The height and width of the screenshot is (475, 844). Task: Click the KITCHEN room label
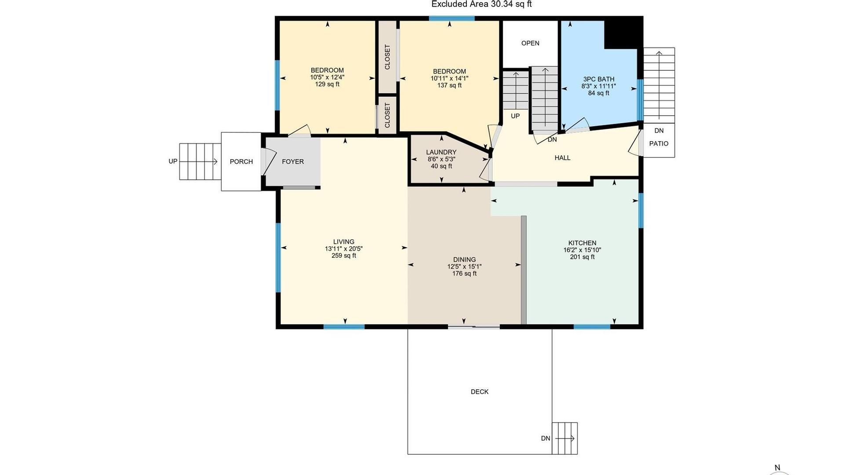click(582, 243)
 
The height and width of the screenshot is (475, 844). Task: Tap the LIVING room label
click(344, 241)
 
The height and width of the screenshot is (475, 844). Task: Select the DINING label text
click(464, 259)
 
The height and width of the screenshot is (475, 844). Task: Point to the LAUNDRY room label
click(441, 152)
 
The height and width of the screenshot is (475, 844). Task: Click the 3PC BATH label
click(599, 79)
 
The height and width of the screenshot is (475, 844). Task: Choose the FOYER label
click(293, 161)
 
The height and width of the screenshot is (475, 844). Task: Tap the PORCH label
click(241, 161)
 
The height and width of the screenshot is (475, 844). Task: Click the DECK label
click(480, 391)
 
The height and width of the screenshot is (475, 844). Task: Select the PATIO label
click(659, 143)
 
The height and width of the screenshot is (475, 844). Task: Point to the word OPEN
click(530, 43)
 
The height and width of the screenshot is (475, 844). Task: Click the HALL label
click(563, 158)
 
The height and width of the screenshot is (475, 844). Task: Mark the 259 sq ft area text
click(344, 256)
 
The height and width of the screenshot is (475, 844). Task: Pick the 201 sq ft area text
click(582, 257)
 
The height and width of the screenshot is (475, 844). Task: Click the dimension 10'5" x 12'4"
click(327, 77)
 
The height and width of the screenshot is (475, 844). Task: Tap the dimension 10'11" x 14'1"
click(449, 78)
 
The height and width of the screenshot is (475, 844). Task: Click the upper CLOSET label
click(387, 57)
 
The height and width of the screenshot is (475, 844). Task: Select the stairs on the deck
click(565, 438)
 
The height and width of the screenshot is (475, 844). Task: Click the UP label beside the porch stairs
click(173, 161)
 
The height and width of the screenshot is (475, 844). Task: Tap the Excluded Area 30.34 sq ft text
click(481, 4)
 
